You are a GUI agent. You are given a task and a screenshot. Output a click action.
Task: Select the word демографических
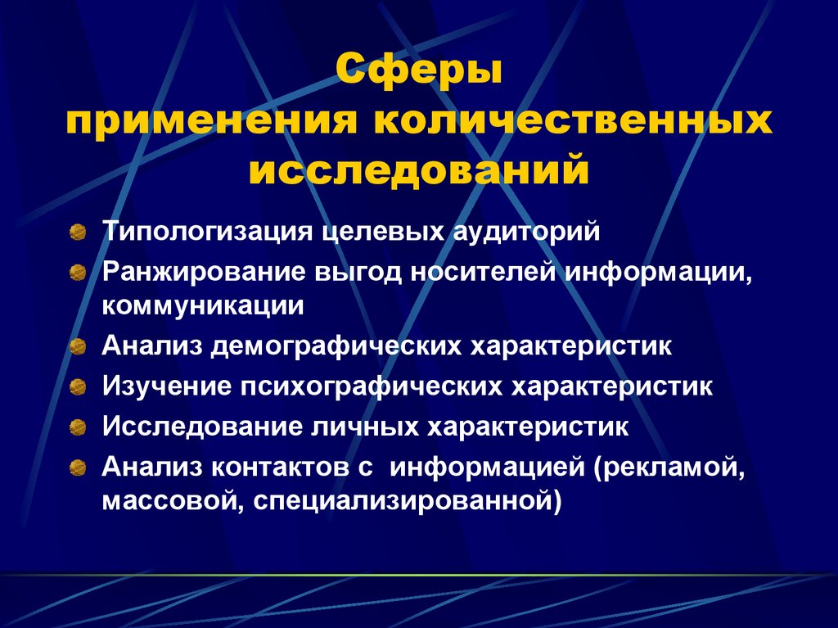[x=336, y=346]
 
